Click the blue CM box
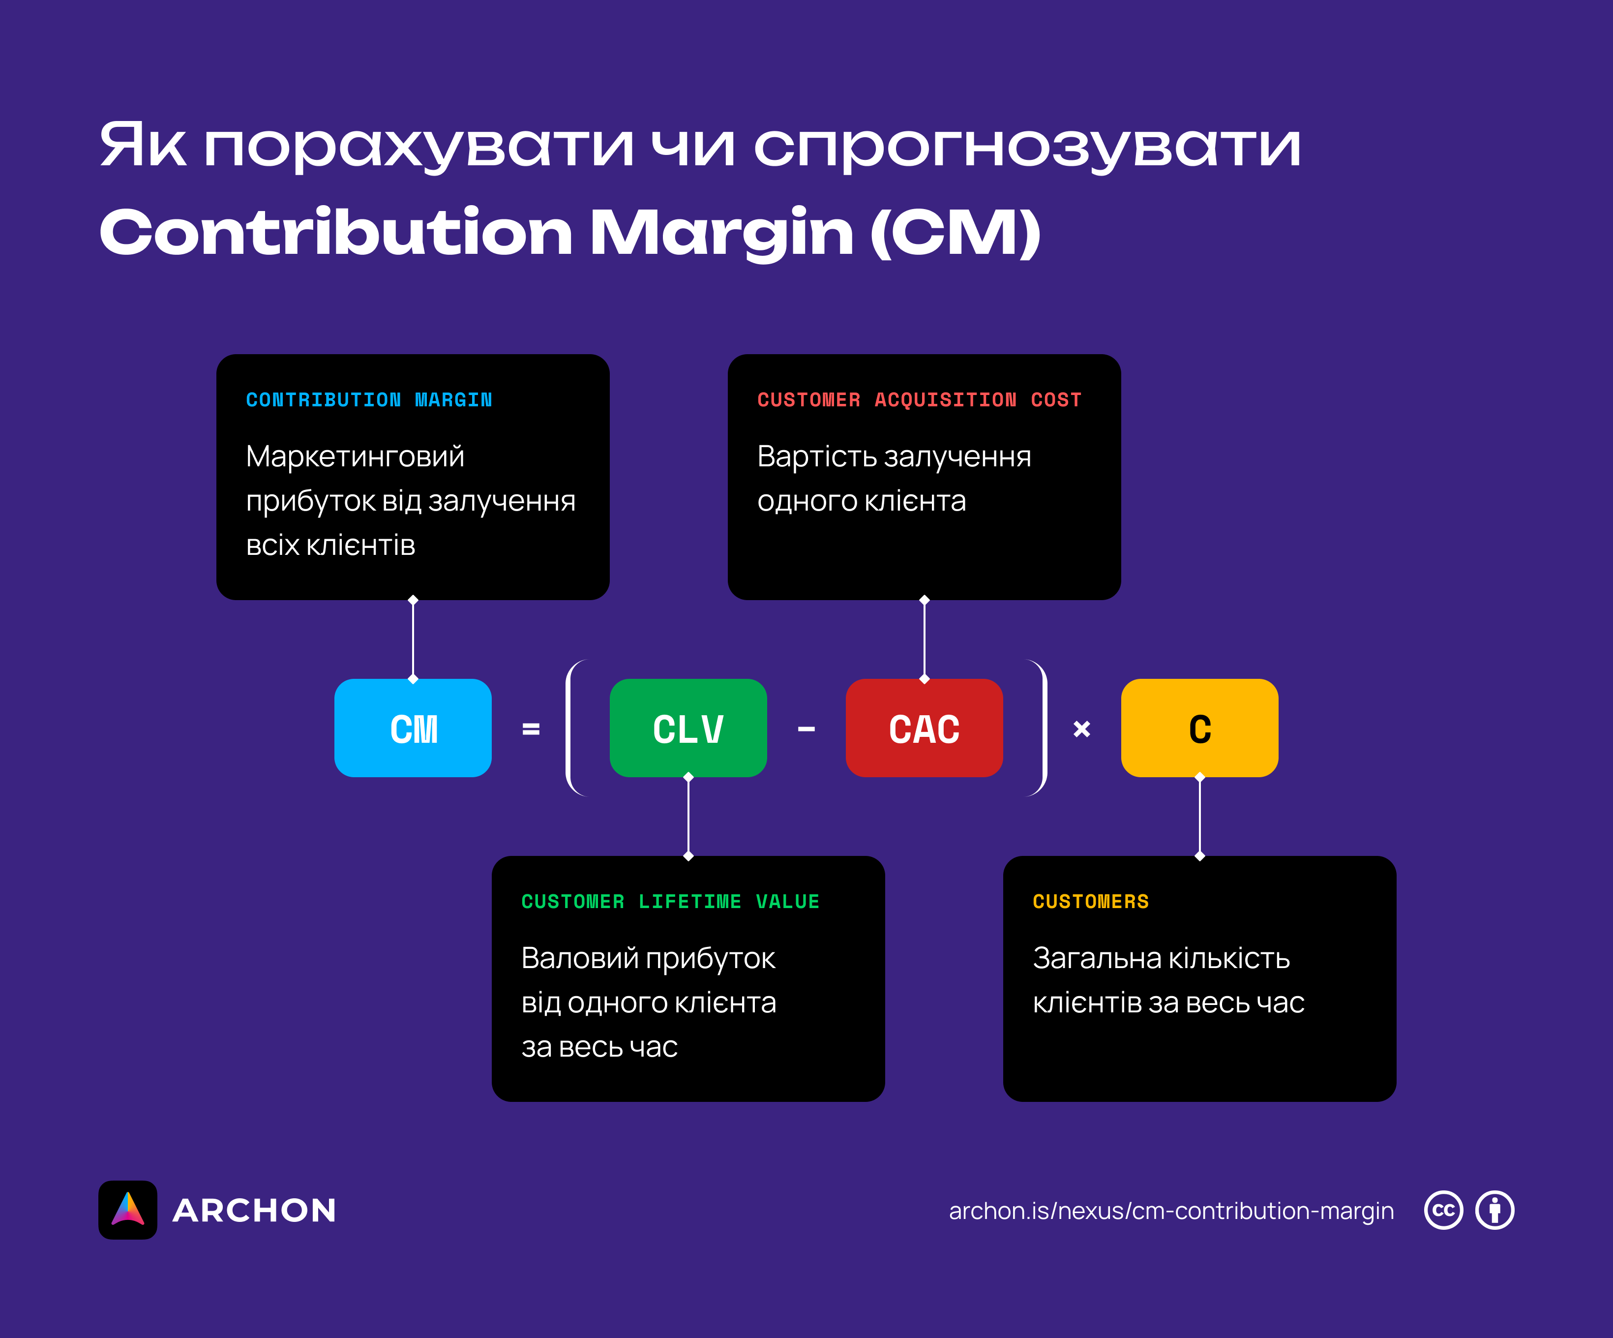point(413,728)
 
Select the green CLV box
point(688,728)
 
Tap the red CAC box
point(924,728)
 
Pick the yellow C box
point(1200,728)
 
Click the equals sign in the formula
point(531,729)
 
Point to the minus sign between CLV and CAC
point(806,729)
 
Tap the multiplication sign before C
point(1081,729)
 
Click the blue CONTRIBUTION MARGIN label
point(369,399)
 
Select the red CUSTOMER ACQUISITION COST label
point(920,399)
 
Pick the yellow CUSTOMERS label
point(1091,902)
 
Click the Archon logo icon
point(127,1210)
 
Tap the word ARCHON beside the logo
point(254,1211)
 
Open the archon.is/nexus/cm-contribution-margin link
point(1171,1211)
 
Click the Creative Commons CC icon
point(1444,1211)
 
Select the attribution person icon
point(1494,1211)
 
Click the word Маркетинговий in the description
point(355,456)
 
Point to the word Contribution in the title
point(336,232)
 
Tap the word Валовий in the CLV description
point(580,958)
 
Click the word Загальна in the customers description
point(1097,958)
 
